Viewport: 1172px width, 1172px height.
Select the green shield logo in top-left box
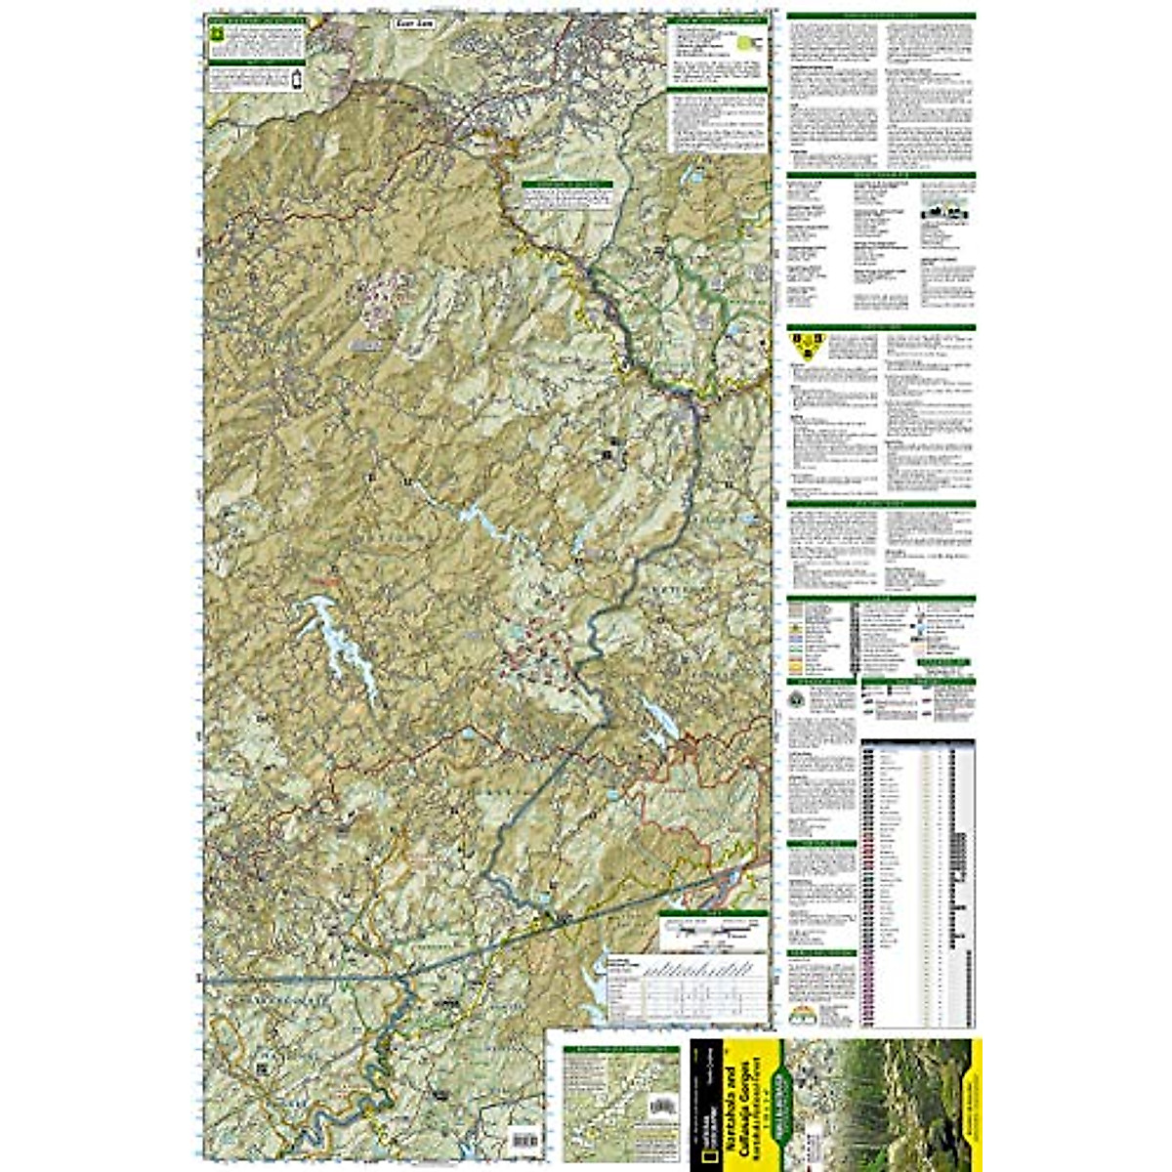pyautogui.click(x=216, y=34)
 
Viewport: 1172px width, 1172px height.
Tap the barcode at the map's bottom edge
pyautogui.click(x=524, y=1140)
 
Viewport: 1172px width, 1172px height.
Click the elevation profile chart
pyautogui.click(x=684, y=986)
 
